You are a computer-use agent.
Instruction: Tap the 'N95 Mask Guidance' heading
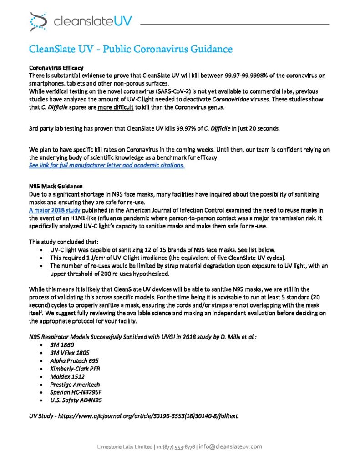point(56,186)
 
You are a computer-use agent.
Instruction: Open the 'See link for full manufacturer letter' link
point(106,165)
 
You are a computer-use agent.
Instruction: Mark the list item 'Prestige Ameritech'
point(75,385)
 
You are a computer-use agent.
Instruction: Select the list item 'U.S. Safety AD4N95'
point(76,400)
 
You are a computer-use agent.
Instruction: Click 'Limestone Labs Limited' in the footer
point(125,447)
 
